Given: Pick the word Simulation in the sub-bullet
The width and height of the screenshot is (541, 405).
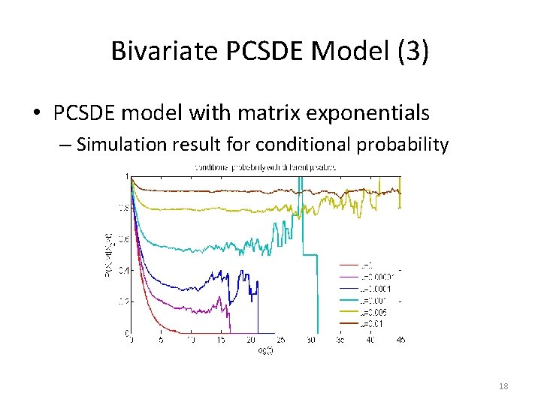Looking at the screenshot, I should click(x=120, y=144).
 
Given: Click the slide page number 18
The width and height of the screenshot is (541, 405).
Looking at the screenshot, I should click(x=503, y=386).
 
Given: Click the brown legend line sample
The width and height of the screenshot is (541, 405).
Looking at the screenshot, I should click(x=349, y=324).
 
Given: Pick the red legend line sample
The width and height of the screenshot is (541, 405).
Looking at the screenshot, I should click(x=349, y=265).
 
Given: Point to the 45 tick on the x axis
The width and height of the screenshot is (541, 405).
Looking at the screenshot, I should click(x=400, y=340).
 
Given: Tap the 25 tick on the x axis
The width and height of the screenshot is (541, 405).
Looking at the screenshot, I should click(x=281, y=340).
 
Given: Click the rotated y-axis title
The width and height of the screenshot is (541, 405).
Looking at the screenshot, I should click(x=107, y=254).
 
